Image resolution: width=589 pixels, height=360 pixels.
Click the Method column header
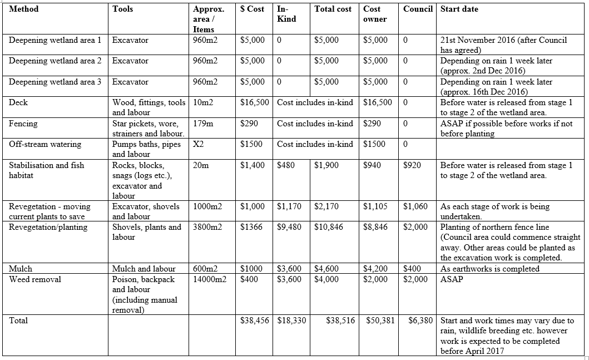24,9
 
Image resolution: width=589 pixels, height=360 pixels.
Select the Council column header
418,9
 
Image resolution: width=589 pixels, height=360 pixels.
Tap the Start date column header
459,9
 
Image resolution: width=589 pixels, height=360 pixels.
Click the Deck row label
18,102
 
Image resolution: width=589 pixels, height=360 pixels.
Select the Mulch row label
21,269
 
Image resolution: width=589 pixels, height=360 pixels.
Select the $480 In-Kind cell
286,165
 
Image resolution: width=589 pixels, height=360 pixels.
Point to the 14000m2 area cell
210,279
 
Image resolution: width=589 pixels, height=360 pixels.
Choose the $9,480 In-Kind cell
289,227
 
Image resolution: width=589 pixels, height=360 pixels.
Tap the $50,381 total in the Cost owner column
380,320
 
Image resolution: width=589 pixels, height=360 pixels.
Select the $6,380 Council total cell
420,320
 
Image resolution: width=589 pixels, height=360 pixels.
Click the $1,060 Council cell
415,206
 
